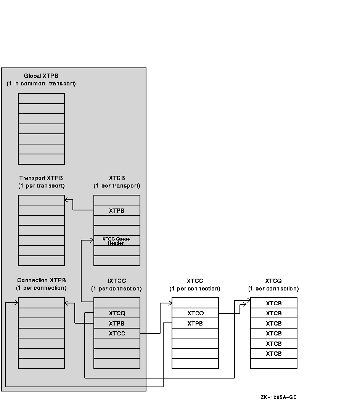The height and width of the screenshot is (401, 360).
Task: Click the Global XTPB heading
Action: click(41, 76)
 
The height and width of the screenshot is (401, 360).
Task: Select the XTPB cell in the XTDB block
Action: click(117, 210)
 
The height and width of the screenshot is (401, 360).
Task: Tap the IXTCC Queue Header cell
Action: click(117, 241)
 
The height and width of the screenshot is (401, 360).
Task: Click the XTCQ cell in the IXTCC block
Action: click(117, 313)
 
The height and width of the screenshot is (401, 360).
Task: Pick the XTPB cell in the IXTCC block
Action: click(117, 323)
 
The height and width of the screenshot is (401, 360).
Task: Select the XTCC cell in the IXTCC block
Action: click(117, 333)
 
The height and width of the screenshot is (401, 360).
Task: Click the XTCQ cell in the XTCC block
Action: click(195, 313)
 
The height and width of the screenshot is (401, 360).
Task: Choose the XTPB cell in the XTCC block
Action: click(195, 323)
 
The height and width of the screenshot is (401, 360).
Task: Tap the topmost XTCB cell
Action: click(274, 303)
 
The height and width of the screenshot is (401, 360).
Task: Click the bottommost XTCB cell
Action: click(274, 353)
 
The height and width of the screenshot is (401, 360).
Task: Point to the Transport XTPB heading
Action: click(41, 178)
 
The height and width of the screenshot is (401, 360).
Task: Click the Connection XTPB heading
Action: click(42, 280)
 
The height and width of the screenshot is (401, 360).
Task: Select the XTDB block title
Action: click(117, 178)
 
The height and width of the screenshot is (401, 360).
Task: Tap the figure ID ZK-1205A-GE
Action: click(279, 397)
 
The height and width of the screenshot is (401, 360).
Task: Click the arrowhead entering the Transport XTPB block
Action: click(66, 200)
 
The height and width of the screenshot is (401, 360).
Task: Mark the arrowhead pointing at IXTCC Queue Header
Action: click(92, 241)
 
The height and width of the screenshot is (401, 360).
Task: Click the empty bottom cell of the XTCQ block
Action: click(274, 363)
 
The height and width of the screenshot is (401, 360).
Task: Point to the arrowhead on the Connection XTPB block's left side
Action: click(16, 303)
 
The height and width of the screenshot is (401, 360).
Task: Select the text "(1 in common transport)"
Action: click(41, 83)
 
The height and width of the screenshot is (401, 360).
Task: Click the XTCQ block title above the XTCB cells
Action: click(273, 281)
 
